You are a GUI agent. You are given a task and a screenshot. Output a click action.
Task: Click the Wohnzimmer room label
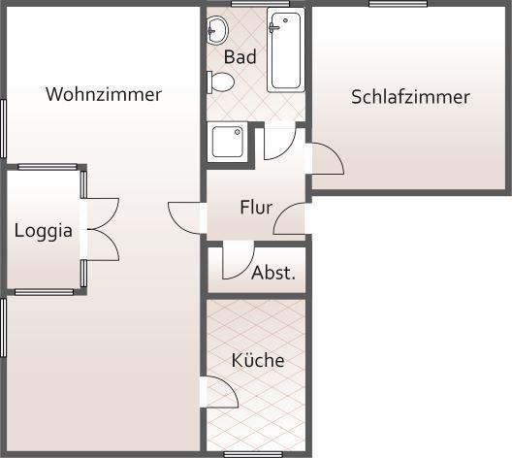pyautogui.click(x=104, y=94)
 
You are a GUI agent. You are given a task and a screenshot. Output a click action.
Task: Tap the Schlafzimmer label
pyautogui.click(x=410, y=97)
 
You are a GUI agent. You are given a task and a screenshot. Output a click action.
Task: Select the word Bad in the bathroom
pyautogui.click(x=240, y=57)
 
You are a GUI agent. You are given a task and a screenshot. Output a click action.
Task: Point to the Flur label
pyautogui.click(x=256, y=207)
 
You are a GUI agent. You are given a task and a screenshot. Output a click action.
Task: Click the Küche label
pyautogui.click(x=258, y=360)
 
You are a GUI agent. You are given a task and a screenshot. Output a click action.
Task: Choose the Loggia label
pyautogui.click(x=44, y=231)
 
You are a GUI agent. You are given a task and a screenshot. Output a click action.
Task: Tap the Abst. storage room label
pyautogui.click(x=273, y=273)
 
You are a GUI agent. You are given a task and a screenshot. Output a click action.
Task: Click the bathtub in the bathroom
pyautogui.click(x=286, y=50)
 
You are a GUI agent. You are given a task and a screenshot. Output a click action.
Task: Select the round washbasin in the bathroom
pyautogui.click(x=218, y=31)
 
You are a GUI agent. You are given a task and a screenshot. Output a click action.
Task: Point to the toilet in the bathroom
pyautogui.click(x=221, y=82)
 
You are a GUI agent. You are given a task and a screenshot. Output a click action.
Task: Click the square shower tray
pyautogui.click(x=228, y=142)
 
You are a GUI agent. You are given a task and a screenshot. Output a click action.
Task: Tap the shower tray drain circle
pyautogui.click(x=238, y=132)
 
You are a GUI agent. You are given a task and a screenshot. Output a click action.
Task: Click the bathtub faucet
pyautogui.click(x=274, y=28)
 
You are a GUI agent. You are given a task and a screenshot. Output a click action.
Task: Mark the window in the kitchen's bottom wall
pyautogui.click(x=253, y=454)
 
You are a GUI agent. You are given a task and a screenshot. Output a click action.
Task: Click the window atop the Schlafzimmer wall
pyautogui.click(x=398, y=4)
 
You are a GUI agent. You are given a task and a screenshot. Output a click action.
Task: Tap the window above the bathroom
pyautogui.click(x=260, y=4)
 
